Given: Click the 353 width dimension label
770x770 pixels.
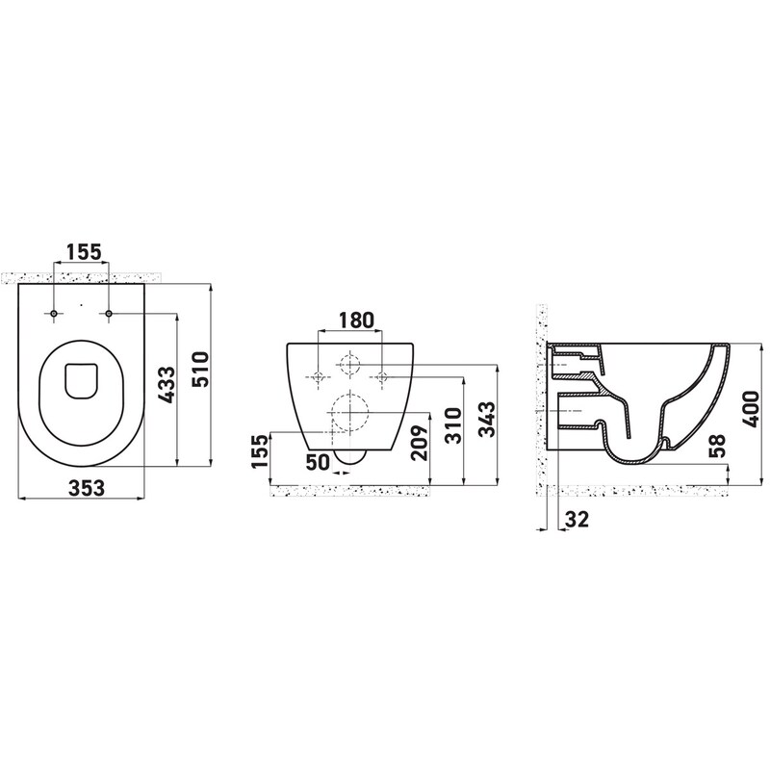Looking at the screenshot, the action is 87,488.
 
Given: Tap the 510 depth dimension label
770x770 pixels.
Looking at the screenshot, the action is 200,370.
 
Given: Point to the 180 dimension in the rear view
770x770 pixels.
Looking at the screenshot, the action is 355,320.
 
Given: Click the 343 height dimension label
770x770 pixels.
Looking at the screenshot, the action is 487,419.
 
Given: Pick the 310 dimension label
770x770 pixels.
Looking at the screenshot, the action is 452,425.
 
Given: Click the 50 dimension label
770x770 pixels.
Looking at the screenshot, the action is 318,462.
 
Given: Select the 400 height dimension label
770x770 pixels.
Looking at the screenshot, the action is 752,408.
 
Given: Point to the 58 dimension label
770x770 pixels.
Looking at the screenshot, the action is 718,446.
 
